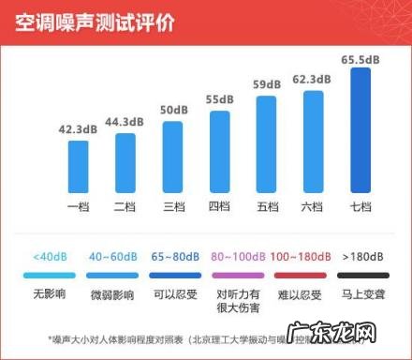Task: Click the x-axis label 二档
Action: point(125,205)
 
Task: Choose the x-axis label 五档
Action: point(267,205)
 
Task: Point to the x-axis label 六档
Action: point(314,205)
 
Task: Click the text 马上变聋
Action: point(363,296)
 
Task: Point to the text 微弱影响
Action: point(110,296)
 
